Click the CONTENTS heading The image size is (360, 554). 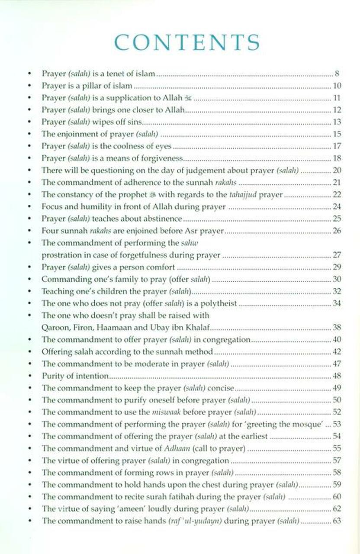187,42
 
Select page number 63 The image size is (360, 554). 337,521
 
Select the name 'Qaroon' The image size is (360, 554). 53,327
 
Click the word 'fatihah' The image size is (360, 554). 174,496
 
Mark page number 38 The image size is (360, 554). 337,327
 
